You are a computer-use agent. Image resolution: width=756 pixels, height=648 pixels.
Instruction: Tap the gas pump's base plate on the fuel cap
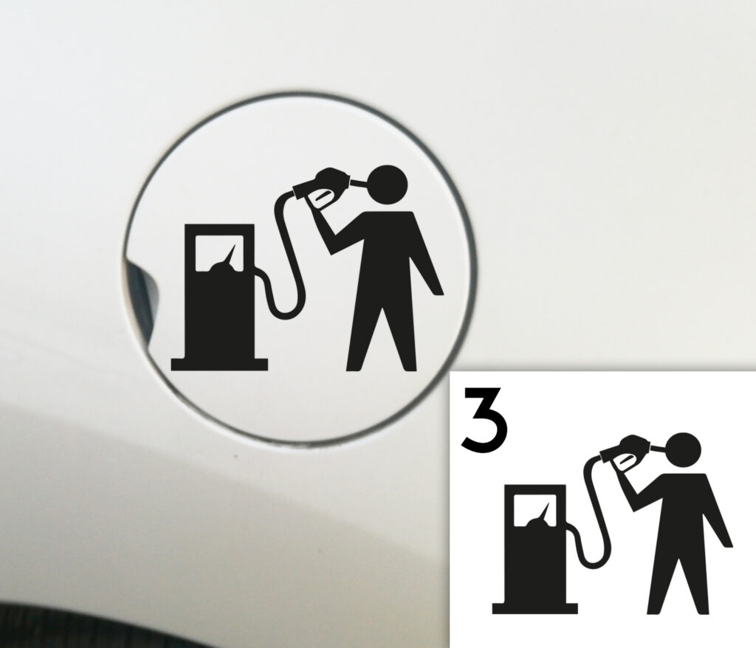[219, 364]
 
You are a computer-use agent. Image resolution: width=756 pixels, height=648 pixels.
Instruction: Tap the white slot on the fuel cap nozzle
[322, 196]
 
